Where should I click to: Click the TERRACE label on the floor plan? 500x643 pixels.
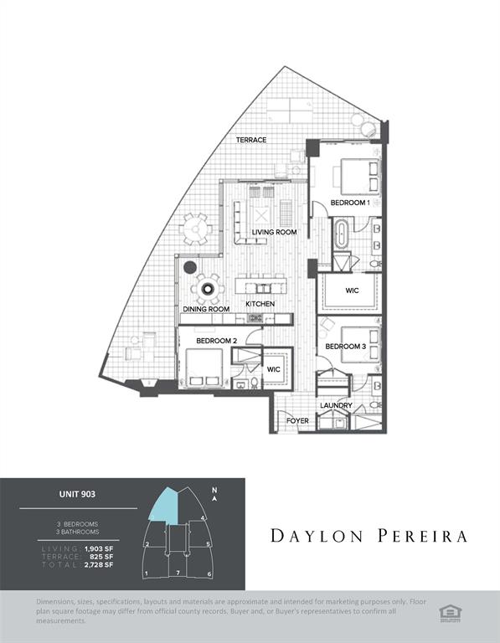click(250, 140)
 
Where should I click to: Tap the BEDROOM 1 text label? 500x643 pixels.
click(350, 203)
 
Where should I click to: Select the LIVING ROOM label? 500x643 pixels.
click(274, 232)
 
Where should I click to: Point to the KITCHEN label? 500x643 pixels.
click(260, 302)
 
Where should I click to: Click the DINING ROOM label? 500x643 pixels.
click(206, 309)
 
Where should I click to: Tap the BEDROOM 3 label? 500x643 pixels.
click(345, 347)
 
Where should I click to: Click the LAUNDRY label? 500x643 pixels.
click(336, 406)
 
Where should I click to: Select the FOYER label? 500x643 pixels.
click(297, 421)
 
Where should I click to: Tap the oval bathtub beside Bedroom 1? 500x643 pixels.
click(342, 234)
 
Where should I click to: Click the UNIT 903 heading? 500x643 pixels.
click(77, 495)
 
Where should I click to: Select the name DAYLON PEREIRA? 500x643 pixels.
click(369, 536)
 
